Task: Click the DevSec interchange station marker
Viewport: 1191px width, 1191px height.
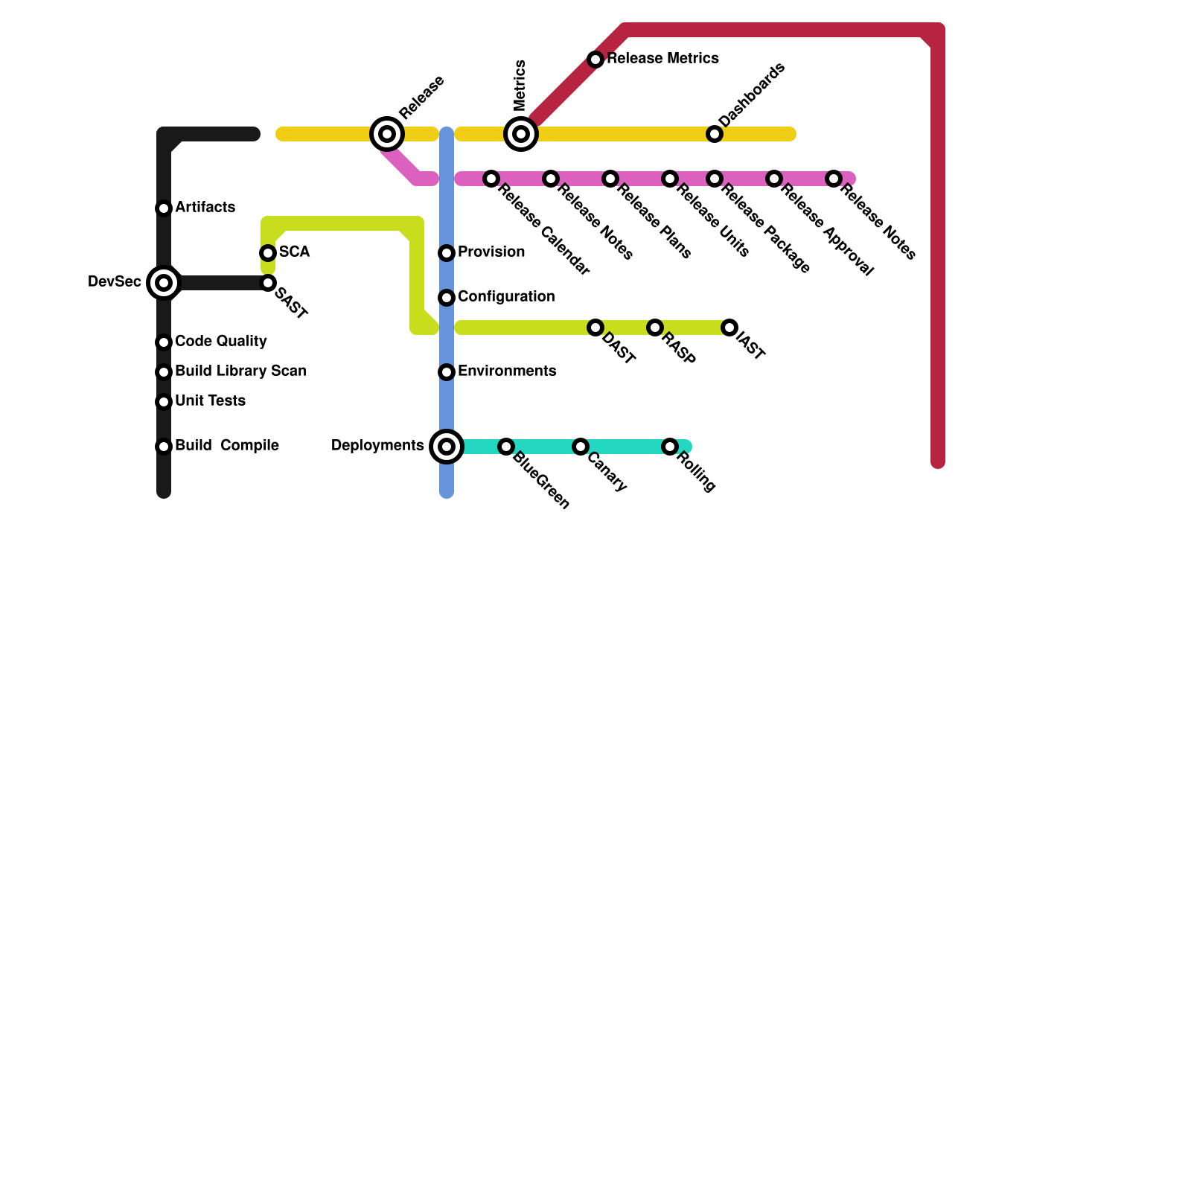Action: coord(164,283)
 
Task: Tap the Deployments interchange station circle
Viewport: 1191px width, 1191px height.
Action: coord(447,447)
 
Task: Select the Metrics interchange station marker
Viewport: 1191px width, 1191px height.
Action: coord(521,134)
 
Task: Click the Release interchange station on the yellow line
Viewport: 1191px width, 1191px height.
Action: coord(387,134)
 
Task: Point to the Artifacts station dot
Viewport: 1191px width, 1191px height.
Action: coord(164,208)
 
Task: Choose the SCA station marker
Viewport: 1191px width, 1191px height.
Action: coord(268,253)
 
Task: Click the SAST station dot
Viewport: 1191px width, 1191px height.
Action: coord(268,283)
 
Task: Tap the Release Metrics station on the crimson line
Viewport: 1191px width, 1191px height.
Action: coord(595,60)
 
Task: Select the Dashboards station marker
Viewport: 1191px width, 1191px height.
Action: coord(715,134)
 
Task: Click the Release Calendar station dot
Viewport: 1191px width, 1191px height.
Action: coord(491,179)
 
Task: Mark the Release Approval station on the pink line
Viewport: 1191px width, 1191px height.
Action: coord(774,179)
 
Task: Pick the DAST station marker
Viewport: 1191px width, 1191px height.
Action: coord(595,328)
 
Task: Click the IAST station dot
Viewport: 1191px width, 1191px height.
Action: coord(729,328)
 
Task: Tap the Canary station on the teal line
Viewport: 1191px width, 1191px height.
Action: coord(581,447)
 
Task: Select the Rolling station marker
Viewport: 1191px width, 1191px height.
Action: coord(670,447)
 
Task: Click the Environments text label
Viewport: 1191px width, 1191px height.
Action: coord(507,371)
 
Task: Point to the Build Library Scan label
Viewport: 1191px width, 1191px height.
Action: coord(240,371)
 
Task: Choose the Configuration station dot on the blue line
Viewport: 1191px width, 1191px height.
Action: coord(447,298)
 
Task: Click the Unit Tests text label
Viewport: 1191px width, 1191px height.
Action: coord(210,401)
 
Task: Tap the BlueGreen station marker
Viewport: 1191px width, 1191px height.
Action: coord(506,447)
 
